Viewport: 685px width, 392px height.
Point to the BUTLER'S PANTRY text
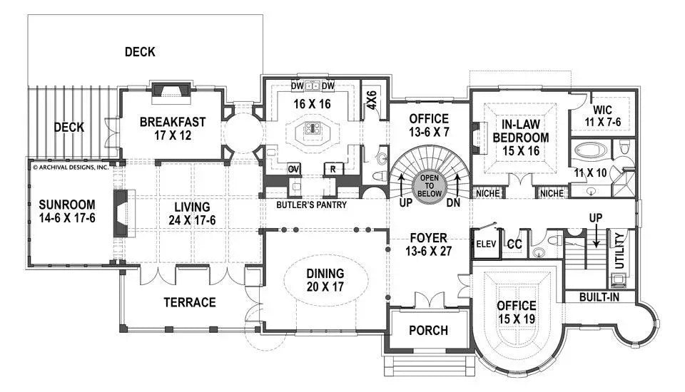pos(312,205)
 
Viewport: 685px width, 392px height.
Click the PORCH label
pos(428,330)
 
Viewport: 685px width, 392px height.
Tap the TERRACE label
pos(190,302)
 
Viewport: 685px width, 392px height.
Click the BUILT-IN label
pos(599,296)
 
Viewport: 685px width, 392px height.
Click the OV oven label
pos(293,169)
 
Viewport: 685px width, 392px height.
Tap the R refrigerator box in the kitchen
pos(332,169)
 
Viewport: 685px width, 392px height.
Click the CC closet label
pos(514,244)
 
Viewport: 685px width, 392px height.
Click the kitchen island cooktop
pos(312,128)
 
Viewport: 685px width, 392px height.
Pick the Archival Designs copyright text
pos(70,167)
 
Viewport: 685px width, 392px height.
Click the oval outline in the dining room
pos(325,279)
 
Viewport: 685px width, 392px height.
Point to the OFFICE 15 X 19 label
pos(517,312)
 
